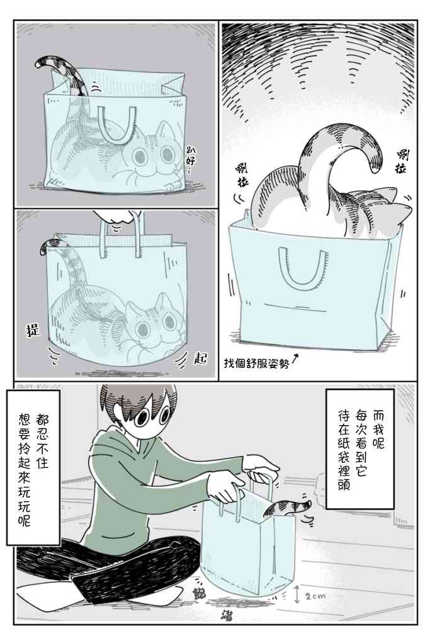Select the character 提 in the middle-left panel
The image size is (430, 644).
tap(32, 328)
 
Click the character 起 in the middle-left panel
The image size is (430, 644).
tap(201, 359)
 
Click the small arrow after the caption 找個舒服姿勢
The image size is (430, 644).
tap(295, 359)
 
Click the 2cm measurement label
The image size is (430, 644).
tap(316, 594)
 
